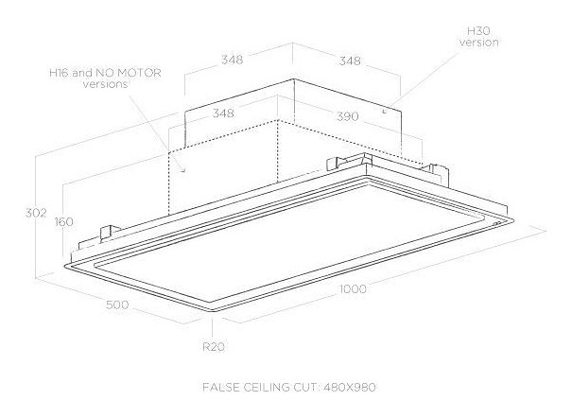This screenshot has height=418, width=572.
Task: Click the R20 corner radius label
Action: [x=213, y=346]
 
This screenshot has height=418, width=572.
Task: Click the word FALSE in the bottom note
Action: [x=223, y=388]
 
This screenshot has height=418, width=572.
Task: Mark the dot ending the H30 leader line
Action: [x=384, y=112]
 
